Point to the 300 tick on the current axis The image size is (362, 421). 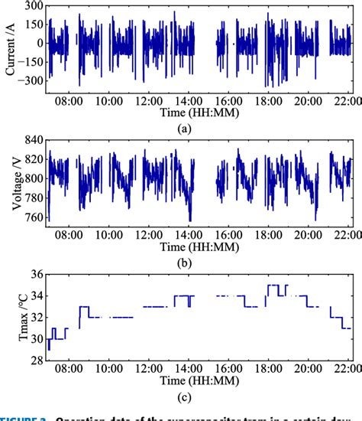pyautogui.click(x=34, y=6)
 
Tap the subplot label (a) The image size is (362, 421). pyautogui.click(x=183, y=129)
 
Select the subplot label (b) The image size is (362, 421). pyautogui.click(x=183, y=264)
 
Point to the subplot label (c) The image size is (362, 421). pyautogui.click(x=183, y=399)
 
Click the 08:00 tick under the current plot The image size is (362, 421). pyautogui.click(x=69, y=100)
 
